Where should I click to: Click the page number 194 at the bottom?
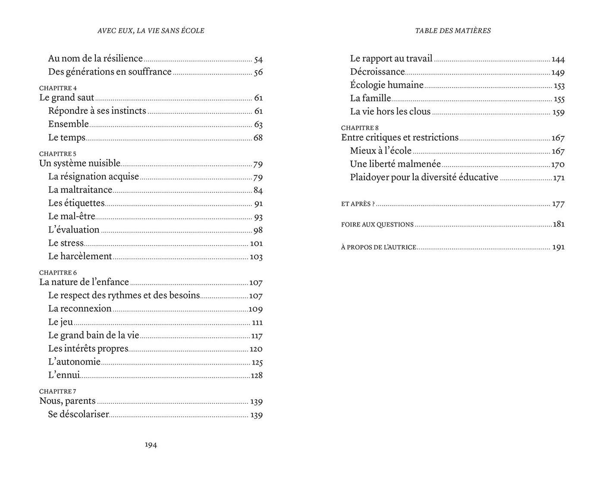pos(151,445)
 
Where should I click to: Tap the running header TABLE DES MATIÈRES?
pos(453,31)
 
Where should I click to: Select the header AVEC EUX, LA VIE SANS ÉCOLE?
pos(151,31)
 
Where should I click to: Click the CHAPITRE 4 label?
pos(58,88)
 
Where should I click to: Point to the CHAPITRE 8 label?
pos(360,128)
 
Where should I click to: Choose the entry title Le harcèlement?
pos(80,256)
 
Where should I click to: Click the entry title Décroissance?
pos(377,72)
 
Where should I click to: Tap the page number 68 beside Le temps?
pos(258,138)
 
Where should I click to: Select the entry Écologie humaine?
pos(387,85)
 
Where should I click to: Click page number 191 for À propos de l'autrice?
pos(558,247)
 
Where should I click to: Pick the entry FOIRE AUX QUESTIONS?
pos(377,224)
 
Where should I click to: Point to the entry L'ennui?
pos(64,375)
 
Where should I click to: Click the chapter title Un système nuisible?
pos(80,163)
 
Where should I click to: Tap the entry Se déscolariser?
pos(78,415)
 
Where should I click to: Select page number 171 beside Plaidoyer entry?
pos(559,178)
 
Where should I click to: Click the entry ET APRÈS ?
pos(358,204)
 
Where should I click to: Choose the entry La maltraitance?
pos(80,190)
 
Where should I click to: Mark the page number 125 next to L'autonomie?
pos(257,362)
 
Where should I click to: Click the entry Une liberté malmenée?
pos(395,164)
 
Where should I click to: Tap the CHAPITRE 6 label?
pos(58,273)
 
